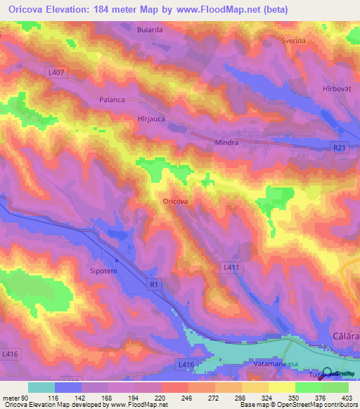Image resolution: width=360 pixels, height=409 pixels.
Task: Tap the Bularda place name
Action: [x=149, y=30]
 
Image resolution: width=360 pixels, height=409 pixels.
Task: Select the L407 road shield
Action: [x=57, y=72]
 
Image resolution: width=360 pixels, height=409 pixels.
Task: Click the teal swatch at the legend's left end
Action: [x=41, y=387]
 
